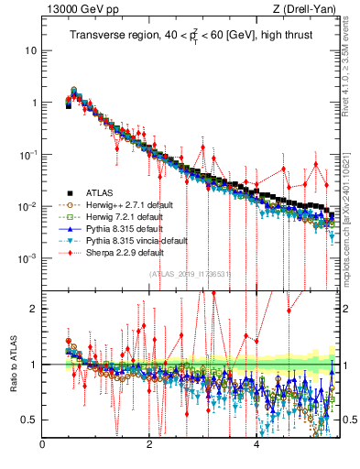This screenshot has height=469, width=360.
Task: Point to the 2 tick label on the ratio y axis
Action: point(33,309)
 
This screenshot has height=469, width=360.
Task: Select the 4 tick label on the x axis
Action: point(256,446)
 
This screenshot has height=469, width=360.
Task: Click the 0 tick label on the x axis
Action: point(42,446)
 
